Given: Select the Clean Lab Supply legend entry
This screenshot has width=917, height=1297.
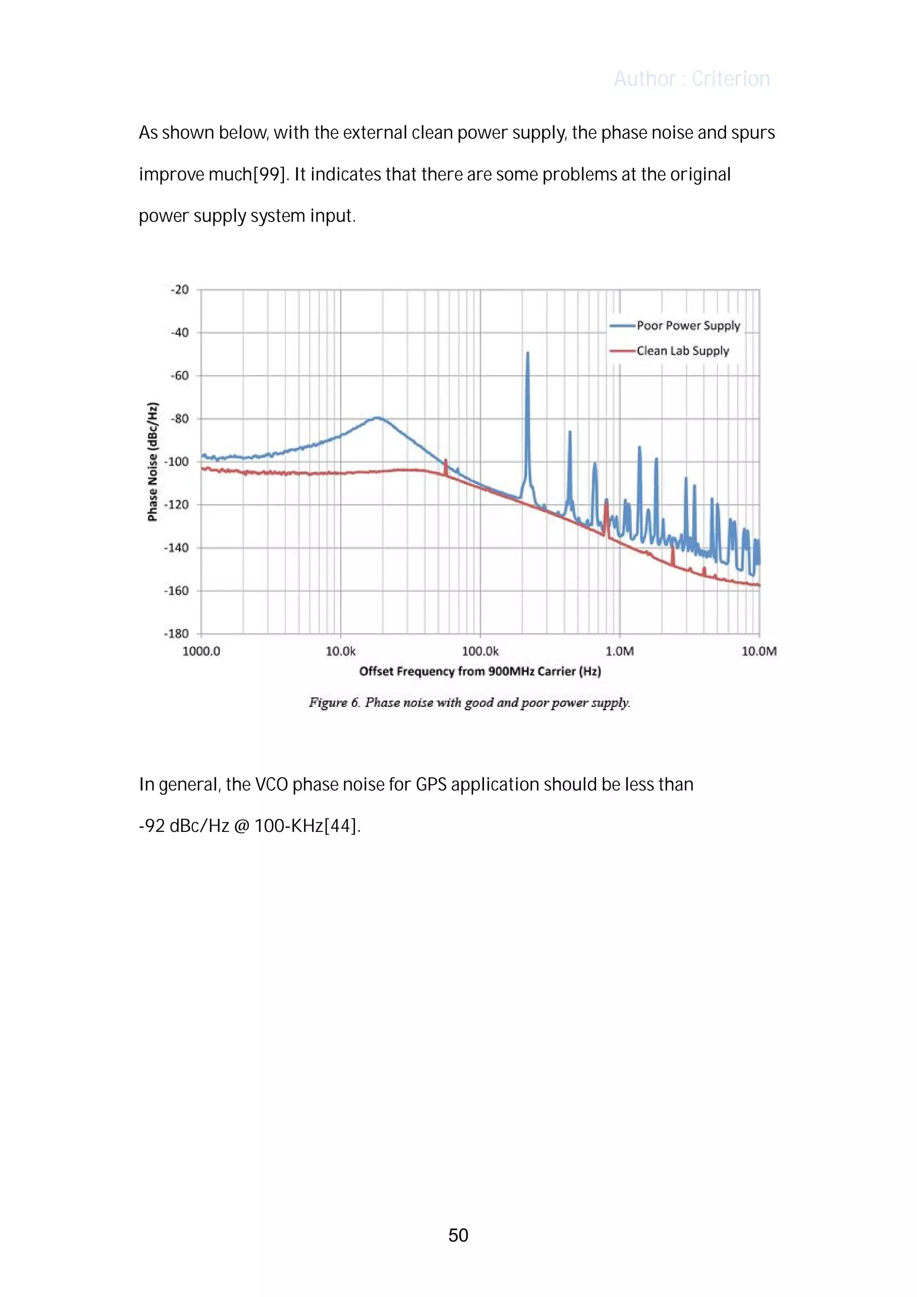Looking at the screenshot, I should click(x=682, y=351).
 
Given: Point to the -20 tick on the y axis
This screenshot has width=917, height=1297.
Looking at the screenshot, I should click(x=180, y=290).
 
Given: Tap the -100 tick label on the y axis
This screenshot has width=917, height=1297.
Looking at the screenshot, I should click(x=176, y=462).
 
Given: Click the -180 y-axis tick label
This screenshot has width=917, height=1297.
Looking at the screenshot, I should click(x=176, y=634).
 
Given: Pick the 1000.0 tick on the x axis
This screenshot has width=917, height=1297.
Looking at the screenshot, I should click(x=201, y=651).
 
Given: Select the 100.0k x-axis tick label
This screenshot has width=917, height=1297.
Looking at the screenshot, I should click(x=480, y=651).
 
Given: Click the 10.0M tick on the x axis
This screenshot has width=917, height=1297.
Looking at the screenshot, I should click(x=759, y=651).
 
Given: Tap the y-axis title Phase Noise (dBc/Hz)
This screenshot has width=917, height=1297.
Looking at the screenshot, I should click(x=152, y=462).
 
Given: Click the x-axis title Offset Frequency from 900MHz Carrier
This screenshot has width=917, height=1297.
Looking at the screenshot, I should click(x=480, y=671).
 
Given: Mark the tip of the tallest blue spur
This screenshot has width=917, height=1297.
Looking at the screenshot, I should click(x=528, y=353).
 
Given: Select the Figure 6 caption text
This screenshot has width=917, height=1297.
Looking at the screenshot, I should click(x=469, y=703).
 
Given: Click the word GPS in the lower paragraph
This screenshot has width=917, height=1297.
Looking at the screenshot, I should click(x=431, y=785).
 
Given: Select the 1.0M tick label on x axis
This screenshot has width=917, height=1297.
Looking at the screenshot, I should click(x=620, y=651).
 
